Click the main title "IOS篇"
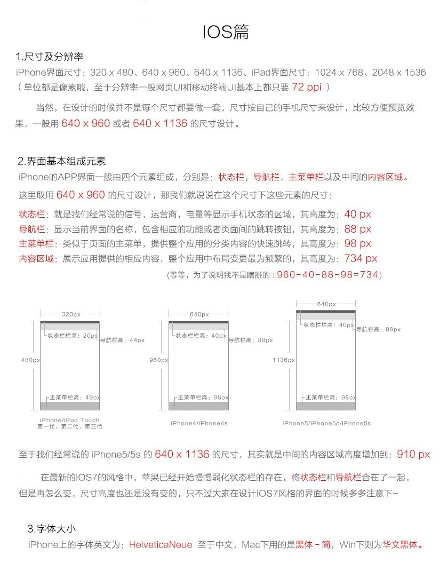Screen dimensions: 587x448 226,32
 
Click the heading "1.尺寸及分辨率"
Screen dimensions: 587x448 50,57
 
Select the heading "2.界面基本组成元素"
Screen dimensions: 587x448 61,161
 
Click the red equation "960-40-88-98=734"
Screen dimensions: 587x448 327,275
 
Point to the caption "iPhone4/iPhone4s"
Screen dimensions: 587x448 199,423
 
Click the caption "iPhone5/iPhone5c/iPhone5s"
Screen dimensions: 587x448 326,423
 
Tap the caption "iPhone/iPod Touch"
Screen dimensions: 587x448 69,420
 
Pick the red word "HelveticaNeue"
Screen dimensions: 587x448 161,545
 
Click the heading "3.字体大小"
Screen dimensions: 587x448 51,529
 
